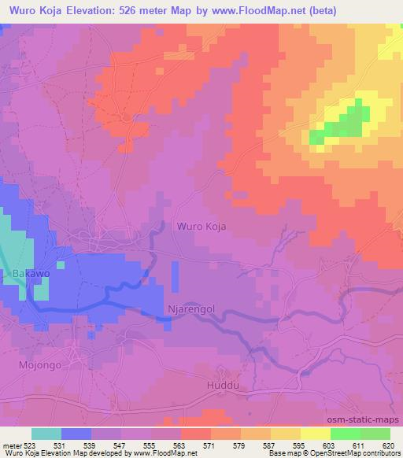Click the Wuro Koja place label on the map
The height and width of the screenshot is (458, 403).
[x=201, y=226]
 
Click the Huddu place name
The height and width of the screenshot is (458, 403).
[x=221, y=386]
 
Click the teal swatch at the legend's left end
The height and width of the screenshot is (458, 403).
[x=46, y=434]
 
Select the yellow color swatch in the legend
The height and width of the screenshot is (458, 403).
[x=316, y=434]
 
